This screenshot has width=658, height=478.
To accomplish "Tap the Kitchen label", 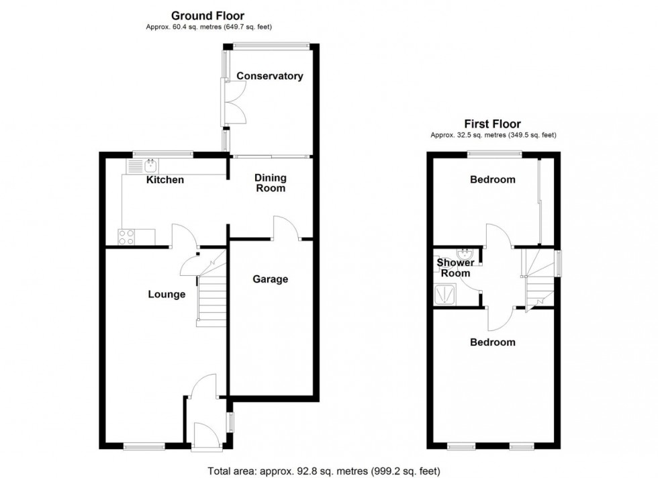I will [165, 180].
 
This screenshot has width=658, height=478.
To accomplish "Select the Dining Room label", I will [270, 183].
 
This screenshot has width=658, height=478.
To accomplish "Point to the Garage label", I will [270, 279].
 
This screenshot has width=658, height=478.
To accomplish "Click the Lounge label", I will [167, 294].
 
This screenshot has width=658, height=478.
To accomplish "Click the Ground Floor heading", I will [207, 15].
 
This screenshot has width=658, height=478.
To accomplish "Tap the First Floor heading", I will [493, 124].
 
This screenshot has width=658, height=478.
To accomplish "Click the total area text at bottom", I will [324, 471].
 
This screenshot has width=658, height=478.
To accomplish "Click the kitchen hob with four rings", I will [127, 236].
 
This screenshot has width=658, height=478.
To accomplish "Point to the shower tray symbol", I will [444, 294].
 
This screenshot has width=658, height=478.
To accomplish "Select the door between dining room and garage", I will [285, 228].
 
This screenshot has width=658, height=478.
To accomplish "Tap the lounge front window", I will [144, 445].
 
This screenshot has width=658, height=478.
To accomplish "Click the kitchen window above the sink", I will [162, 154].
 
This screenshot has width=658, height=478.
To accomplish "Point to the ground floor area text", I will [208, 27].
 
